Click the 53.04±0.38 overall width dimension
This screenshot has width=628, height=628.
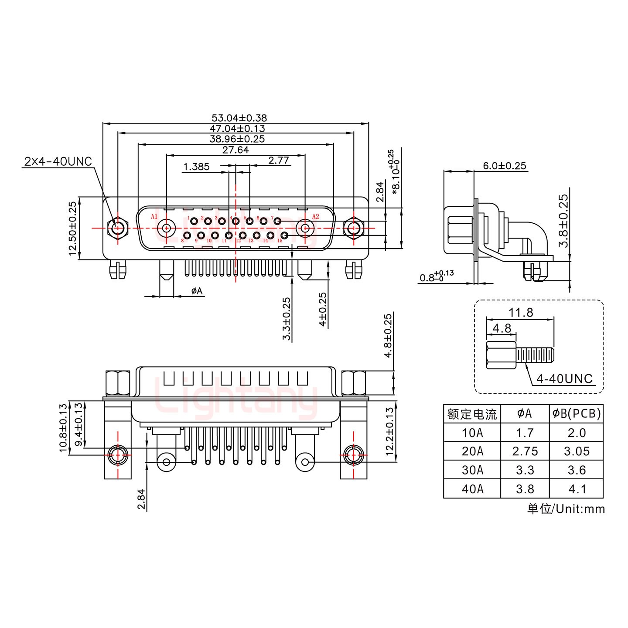point(239,118)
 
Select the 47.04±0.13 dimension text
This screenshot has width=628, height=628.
point(237,129)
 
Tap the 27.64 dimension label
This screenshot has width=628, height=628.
point(235,150)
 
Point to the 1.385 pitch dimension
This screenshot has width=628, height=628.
point(196,167)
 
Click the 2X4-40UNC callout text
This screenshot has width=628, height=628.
point(58,162)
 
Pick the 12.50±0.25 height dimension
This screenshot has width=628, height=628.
point(72,228)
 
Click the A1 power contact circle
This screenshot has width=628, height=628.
point(166,227)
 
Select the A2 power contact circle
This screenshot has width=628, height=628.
point(305,227)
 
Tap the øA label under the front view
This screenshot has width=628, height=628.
point(197,291)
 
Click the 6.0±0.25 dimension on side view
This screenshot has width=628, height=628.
point(504,166)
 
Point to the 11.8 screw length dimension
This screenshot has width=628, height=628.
point(521,313)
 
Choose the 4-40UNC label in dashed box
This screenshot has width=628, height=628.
point(564,379)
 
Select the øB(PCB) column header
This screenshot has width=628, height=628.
point(576,413)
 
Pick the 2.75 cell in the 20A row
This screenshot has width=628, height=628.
point(525,451)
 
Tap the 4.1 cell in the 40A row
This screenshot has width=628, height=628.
point(576,489)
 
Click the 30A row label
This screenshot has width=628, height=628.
point(472,470)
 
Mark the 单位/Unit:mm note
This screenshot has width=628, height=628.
point(566,509)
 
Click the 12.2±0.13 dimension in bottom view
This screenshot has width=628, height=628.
point(390,431)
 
